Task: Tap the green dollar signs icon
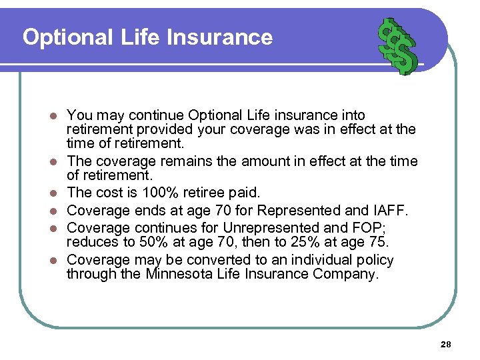(397, 45)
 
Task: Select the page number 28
(446, 344)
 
